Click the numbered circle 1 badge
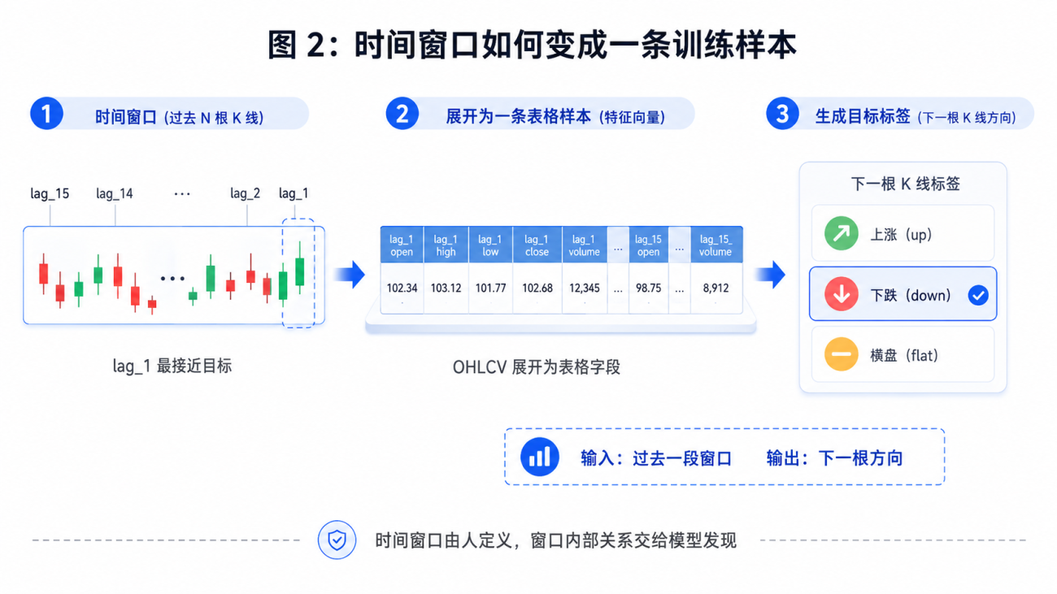point(46,114)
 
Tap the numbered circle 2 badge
point(402,114)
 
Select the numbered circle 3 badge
point(782,114)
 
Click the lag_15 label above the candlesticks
point(50,193)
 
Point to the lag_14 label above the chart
point(114,193)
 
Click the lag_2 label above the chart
point(245,193)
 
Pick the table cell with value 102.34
point(402,288)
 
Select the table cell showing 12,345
point(584,288)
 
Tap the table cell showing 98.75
point(648,288)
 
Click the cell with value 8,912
point(716,288)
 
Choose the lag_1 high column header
point(446,245)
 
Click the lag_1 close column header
point(537,245)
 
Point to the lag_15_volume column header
point(716,245)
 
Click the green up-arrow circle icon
point(841,233)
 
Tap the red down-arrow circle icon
point(841,293)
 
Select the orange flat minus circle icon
point(841,354)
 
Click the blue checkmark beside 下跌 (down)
point(978,295)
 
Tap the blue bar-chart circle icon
point(539,457)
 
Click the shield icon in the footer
point(337,540)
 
